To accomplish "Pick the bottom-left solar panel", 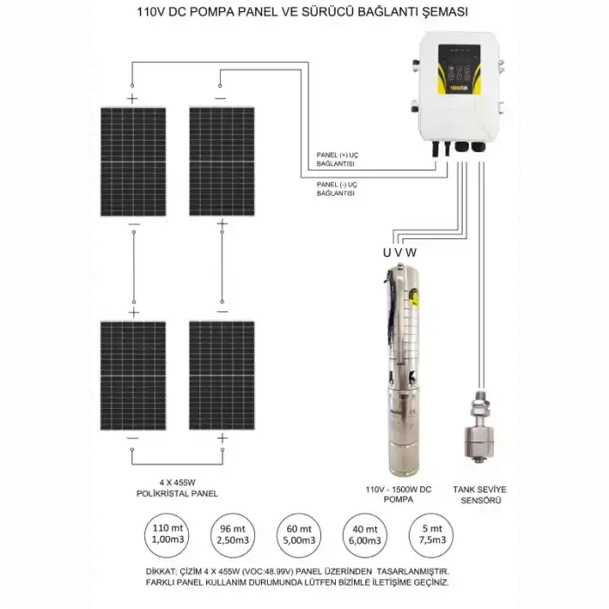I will [133, 375].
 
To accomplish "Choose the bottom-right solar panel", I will [222, 375].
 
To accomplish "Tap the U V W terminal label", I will [400, 252].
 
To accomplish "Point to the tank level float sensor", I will [479, 431].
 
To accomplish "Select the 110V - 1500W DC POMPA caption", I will [399, 495].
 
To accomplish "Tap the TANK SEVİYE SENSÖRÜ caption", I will [480, 495].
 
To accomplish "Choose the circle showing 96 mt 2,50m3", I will [231, 533].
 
